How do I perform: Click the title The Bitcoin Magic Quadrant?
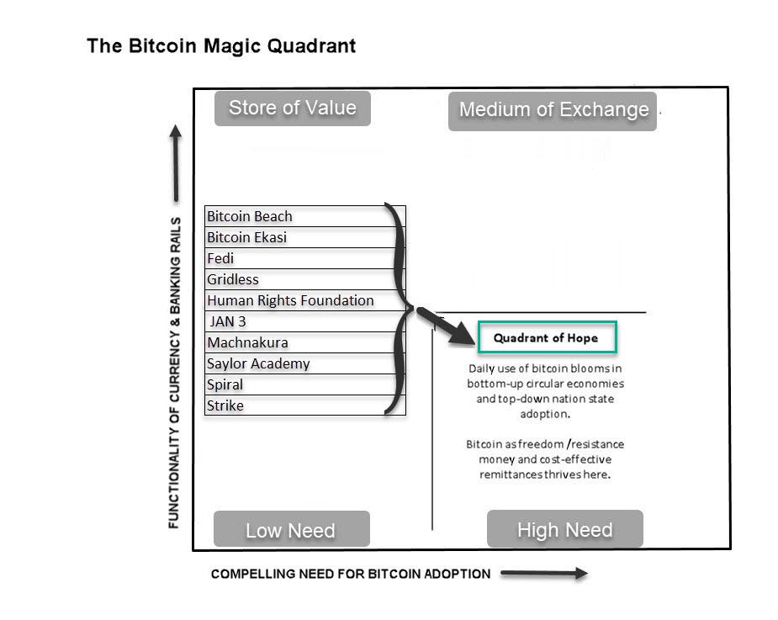click(x=221, y=46)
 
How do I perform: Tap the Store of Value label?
click(x=292, y=108)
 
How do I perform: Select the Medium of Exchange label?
click(x=553, y=110)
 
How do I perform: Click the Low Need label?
click(x=290, y=530)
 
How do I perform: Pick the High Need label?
click(x=564, y=529)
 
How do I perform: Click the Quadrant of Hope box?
click(x=547, y=338)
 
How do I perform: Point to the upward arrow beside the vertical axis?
click(x=175, y=164)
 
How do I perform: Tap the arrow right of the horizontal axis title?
click(x=544, y=574)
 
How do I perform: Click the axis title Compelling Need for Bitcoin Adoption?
click(x=350, y=574)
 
